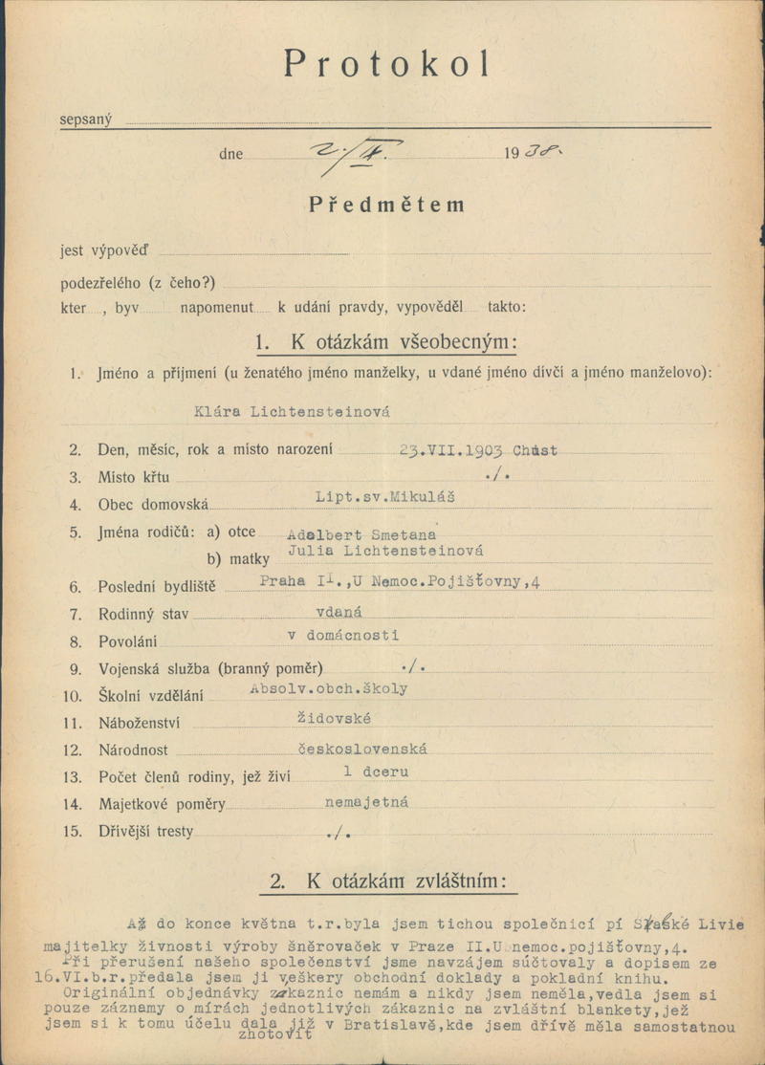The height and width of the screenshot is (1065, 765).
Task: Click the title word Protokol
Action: click(x=387, y=63)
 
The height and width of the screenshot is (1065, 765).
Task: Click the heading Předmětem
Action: click(x=386, y=205)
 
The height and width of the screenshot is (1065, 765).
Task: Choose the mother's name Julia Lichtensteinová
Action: click(x=385, y=552)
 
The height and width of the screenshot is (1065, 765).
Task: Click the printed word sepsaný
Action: click(x=86, y=120)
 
